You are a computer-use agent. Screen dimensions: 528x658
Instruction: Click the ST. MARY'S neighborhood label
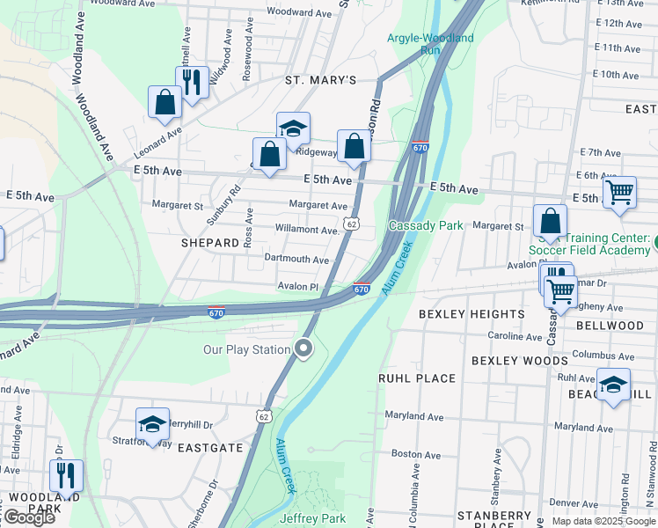tap(320, 80)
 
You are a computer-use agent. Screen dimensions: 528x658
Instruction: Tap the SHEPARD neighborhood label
tap(210, 242)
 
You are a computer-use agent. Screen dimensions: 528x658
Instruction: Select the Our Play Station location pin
tap(304, 349)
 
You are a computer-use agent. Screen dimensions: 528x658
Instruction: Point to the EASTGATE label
tap(210, 447)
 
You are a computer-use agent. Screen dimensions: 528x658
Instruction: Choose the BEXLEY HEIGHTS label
tap(472, 314)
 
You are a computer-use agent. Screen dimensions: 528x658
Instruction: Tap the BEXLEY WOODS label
tap(519, 361)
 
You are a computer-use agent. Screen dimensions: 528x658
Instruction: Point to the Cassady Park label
tap(426, 225)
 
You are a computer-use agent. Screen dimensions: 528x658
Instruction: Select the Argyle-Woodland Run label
tap(430, 44)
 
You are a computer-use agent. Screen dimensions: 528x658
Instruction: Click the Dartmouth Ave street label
tap(296, 260)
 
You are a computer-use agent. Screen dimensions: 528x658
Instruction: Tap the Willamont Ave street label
tap(306, 230)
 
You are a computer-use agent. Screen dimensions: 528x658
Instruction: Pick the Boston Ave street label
tap(416, 454)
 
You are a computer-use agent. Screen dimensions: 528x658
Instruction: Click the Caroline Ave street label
tap(515, 336)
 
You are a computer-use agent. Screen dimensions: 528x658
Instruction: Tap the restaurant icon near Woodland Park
tap(66, 476)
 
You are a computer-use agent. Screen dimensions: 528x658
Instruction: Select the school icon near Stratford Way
tap(152, 424)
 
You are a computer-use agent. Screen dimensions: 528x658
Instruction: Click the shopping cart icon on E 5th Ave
tap(620, 192)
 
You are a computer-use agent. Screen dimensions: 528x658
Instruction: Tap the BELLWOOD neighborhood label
tap(610, 326)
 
